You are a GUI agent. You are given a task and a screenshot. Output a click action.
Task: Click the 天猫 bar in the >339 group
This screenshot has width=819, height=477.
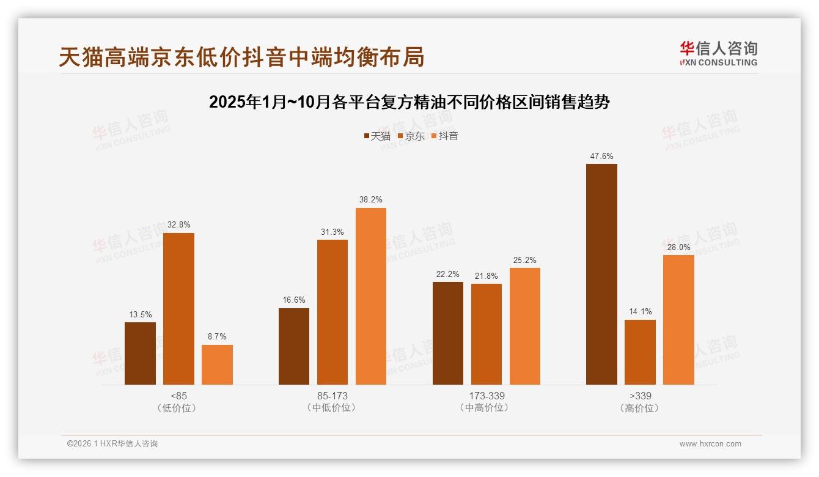tap(601, 274)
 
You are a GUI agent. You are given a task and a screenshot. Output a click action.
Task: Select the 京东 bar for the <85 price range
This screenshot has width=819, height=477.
tap(178, 309)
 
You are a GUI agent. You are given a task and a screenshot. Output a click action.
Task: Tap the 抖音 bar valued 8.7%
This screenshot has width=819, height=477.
tap(217, 364)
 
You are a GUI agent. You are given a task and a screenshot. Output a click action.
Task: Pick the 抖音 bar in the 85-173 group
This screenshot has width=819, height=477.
tap(371, 296)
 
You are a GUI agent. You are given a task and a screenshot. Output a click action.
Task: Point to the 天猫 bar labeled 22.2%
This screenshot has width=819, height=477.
tap(447, 333)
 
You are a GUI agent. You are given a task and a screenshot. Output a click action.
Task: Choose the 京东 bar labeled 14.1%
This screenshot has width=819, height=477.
tap(640, 352)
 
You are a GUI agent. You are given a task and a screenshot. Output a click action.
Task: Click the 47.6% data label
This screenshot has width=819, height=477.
tap(601, 157)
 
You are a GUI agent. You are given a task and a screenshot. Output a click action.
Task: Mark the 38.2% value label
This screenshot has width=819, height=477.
tap(371, 200)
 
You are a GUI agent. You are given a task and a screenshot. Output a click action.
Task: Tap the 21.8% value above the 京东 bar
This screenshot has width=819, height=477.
tap(486, 276)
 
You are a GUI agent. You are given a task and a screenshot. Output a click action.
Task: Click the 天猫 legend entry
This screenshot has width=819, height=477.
tap(377, 136)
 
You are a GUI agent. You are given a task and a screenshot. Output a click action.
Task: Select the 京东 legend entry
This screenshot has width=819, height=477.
tap(411, 136)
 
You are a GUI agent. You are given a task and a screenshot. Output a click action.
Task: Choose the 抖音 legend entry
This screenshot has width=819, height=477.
tap(445, 136)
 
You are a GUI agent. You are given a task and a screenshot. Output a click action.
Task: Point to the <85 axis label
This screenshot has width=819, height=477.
tap(179, 396)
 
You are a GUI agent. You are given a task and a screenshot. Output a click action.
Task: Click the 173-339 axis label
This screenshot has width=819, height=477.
tap(487, 396)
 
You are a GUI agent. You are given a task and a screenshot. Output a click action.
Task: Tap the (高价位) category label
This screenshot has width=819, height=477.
tap(640, 408)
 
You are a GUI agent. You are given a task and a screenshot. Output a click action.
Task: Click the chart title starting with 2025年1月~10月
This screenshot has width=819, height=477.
tap(409, 102)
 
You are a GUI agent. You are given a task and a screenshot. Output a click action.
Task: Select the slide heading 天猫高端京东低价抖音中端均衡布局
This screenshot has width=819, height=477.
tap(241, 57)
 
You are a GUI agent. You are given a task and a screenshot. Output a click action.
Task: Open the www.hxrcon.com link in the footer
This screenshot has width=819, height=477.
tap(710, 444)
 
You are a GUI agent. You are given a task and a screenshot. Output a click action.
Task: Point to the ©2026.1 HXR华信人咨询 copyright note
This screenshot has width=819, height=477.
tap(112, 444)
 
